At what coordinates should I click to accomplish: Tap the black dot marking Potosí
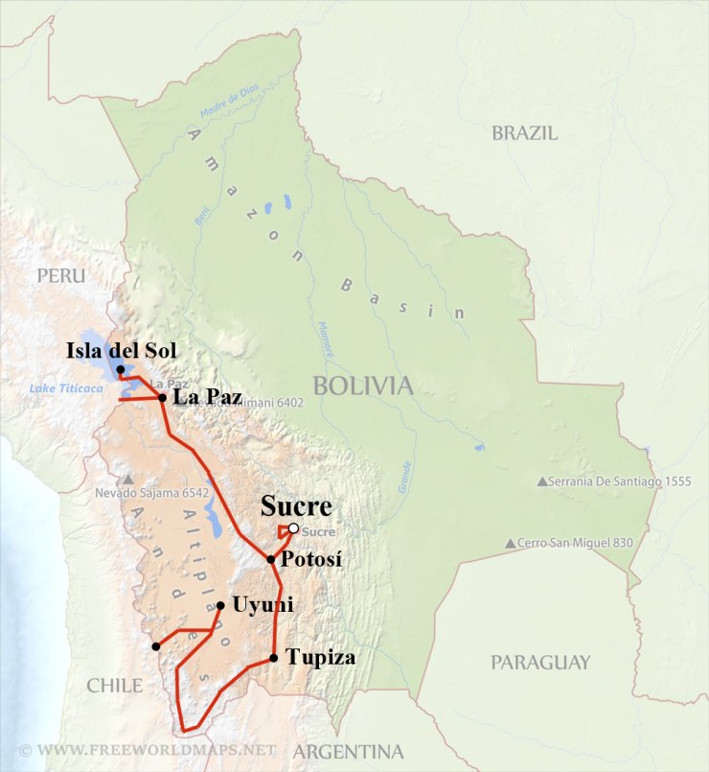[271, 559]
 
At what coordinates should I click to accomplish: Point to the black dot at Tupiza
[274, 658]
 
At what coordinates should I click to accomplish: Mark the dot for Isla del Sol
[120, 369]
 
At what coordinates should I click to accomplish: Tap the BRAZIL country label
[524, 133]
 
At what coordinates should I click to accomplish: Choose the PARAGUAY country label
[540, 662]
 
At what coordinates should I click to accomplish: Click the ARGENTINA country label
[348, 751]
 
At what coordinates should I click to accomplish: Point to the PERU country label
[61, 276]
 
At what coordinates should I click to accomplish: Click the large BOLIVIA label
[362, 386]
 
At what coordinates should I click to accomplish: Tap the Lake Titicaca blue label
[63, 387]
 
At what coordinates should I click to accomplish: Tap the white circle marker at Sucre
[292, 528]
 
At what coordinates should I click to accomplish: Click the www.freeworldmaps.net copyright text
[148, 749]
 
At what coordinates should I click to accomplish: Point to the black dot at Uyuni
[220, 605]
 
